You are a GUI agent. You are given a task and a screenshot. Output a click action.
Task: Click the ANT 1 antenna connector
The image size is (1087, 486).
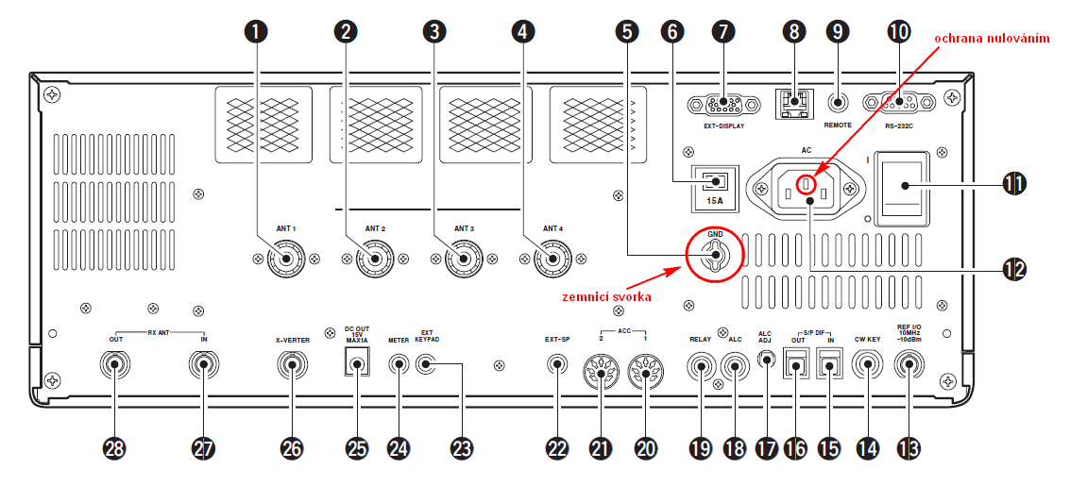tap(284, 258)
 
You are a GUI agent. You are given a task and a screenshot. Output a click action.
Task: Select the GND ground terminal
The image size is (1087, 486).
tap(714, 253)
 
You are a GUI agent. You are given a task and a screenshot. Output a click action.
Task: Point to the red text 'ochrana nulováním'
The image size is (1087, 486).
tap(991, 38)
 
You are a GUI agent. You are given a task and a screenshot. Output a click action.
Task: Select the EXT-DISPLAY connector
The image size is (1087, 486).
tap(722, 103)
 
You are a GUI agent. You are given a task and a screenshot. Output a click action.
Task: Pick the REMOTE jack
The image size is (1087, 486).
tap(838, 102)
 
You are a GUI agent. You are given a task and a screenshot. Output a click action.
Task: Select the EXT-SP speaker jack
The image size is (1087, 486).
tap(558, 364)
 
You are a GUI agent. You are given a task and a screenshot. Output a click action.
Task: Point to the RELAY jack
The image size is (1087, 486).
tap(701, 365)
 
